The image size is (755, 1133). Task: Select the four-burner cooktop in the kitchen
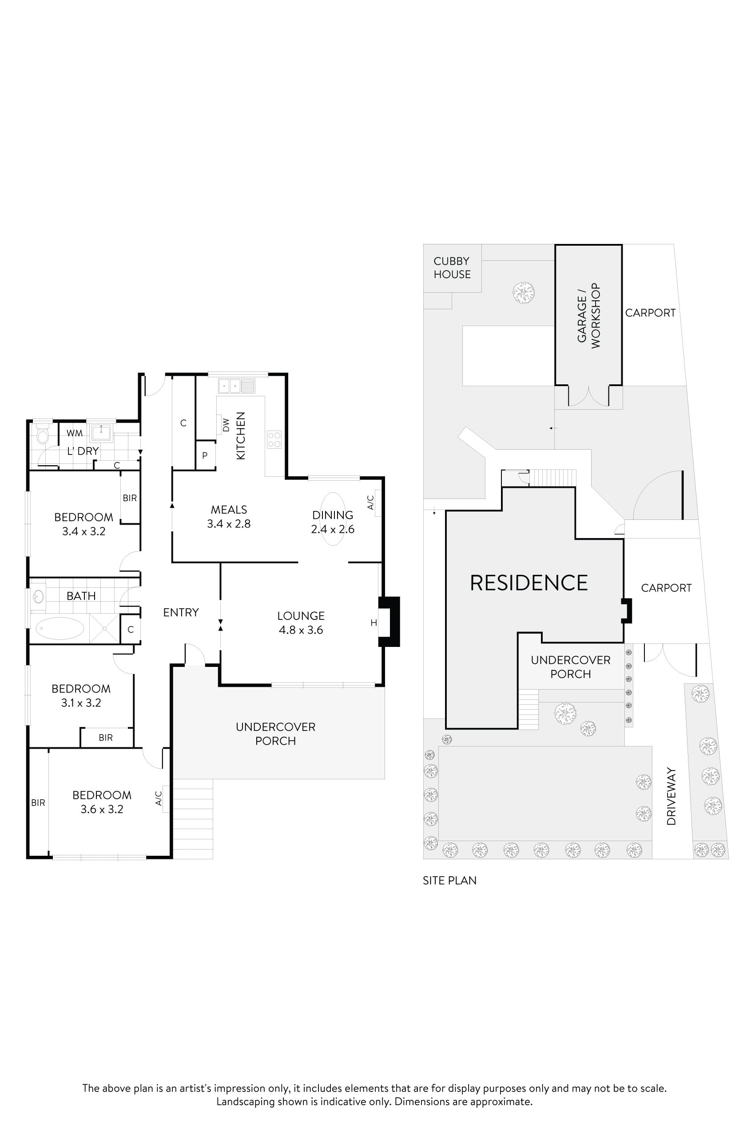274,439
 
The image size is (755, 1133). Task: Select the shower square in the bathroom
104,628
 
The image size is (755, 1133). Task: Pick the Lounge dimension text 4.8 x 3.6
301,630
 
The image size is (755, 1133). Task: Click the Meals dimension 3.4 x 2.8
229,524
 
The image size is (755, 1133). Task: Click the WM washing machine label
75,433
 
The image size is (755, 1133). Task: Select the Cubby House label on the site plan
452,268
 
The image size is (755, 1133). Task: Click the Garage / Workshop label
589,315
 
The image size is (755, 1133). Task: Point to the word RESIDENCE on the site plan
528,583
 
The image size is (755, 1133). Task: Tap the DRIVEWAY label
672,796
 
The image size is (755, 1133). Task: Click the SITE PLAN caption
449,881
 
